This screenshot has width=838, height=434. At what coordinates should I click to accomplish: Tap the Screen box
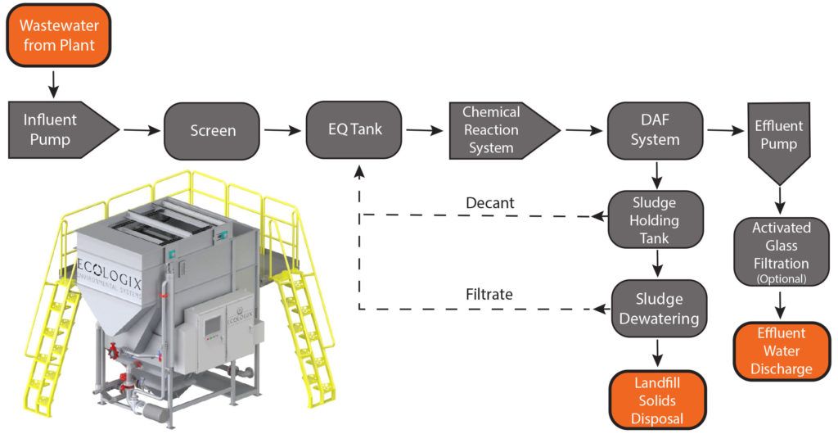coord(213,130)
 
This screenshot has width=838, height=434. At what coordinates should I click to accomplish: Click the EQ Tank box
coord(354,129)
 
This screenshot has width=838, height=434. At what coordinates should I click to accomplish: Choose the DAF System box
coord(655,129)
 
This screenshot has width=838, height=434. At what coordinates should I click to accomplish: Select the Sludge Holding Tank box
coord(655,219)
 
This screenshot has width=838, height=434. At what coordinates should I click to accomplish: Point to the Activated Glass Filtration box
coord(781,251)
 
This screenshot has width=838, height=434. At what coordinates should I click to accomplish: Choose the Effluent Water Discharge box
coord(781,351)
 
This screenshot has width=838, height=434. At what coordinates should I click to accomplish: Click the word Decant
coord(490,202)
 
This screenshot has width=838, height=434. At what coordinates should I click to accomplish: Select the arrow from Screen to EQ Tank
coord(282,129)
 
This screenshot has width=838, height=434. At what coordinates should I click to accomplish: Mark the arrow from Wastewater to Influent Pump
coord(53,82)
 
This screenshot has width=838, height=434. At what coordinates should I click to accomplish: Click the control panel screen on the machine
coord(212,326)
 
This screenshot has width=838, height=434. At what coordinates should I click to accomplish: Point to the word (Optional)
coord(781,278)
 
